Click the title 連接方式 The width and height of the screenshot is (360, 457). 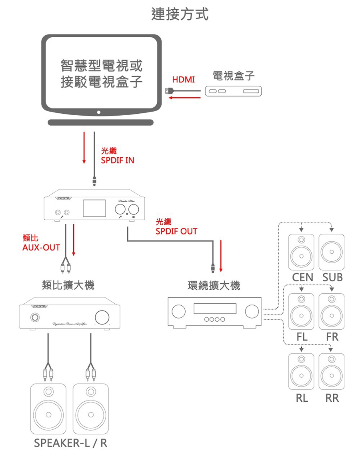180,15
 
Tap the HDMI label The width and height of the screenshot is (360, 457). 184,80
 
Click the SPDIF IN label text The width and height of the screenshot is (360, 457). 118,160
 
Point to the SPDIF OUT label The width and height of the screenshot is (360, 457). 176,231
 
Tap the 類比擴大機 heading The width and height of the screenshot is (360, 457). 68,285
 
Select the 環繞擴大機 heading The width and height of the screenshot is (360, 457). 214,286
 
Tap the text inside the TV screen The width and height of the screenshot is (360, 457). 102,74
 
